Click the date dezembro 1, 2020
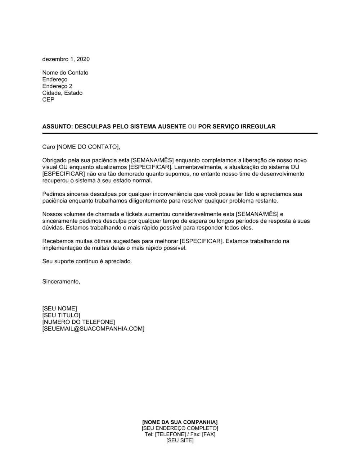pos(66,59)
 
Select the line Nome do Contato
pos(65,73)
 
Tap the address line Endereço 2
pos(57,86)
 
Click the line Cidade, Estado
pos(62,93)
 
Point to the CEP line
pos(48,100)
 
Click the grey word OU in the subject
pos(192,127)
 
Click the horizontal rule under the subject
pos(180,133)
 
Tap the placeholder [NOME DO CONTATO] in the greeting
pos(87,147)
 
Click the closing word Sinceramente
pos(61,282)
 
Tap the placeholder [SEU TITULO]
pos(61,315)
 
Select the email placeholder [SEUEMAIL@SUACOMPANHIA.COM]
pos(93,329)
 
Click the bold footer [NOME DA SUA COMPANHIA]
pos(180,422)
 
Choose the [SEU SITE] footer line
pos(180,441)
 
